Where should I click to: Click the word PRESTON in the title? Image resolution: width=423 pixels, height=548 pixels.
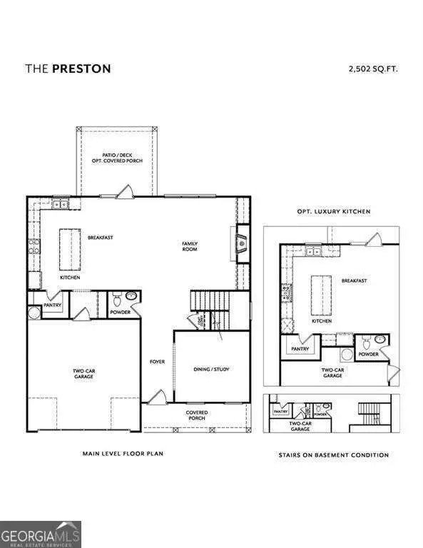pos(81,68)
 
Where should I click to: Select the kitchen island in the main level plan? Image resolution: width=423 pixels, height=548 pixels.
pos(68,246)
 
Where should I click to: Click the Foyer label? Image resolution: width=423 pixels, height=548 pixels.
pos(157,362)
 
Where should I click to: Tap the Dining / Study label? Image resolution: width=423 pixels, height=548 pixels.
pos(211,369)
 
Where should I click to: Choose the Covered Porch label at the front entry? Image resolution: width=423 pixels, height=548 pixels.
pos(197,415)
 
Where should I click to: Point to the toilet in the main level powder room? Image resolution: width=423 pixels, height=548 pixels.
pos(130,298)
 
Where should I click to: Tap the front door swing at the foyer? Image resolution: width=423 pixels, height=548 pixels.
pos(158,397)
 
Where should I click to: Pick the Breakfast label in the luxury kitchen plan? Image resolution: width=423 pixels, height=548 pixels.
pos(354,280)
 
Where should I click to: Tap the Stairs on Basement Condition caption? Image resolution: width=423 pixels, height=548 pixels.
pos(333,455)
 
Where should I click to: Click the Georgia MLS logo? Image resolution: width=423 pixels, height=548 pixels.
pos(41,534)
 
